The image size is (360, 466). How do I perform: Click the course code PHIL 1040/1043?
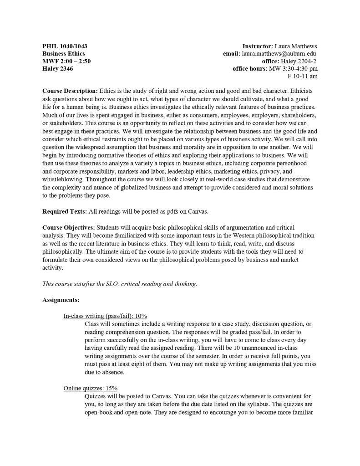tap(65, 46)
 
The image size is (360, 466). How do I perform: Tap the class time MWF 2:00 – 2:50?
tap(66, 61)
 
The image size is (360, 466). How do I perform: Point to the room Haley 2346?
tap(57, 69)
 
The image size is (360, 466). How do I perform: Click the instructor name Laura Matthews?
tap(296, 46)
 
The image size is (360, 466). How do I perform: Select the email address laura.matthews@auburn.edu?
tap(279, 54)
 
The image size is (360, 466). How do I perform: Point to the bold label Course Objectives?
tap(68, 227)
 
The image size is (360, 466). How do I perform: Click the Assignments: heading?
tap(61, 300)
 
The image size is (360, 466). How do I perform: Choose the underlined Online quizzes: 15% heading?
tap(91, 388)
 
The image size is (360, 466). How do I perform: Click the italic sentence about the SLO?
tap(120, 284)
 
